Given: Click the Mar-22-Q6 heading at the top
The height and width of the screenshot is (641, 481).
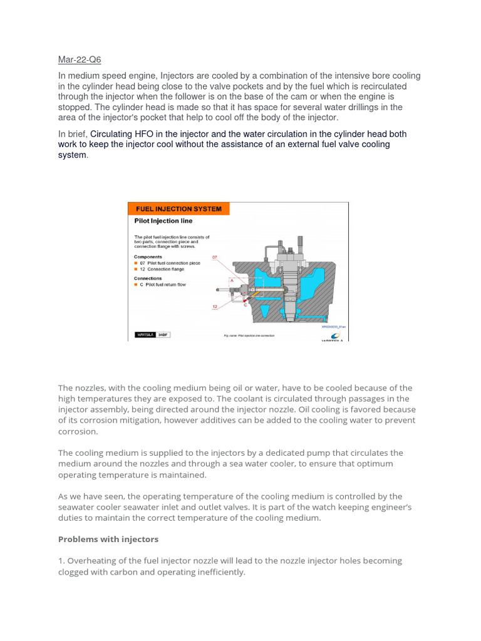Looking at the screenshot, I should (80, 60).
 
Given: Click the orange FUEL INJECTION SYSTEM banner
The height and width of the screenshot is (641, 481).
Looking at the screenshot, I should (179, 209).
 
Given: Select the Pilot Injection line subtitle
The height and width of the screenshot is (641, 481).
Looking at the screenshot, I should (163, 221).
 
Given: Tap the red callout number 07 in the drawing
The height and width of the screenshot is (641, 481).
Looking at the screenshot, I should (216, 257).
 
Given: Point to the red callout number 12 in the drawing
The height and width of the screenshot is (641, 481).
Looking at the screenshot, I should (215, 307).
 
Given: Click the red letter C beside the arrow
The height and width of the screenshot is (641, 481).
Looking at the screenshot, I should (245, 304).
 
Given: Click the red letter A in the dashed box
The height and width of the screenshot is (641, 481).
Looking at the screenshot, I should (232, 282).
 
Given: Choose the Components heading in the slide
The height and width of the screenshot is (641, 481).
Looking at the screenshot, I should (148, 257).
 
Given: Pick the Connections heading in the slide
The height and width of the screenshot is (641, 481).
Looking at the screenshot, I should (148, 279).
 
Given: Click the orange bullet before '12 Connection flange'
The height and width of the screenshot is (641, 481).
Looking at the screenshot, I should (137, 269).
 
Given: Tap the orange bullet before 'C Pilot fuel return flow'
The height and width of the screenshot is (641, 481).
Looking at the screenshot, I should (137, 285).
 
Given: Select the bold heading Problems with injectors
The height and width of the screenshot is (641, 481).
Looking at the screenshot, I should (108, 539).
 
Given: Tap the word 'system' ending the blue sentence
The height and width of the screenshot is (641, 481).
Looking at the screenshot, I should (72, 155).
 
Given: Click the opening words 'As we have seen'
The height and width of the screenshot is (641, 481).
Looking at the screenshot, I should (91, 496).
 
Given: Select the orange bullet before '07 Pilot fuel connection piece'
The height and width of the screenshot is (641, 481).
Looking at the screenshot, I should (137, 263).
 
